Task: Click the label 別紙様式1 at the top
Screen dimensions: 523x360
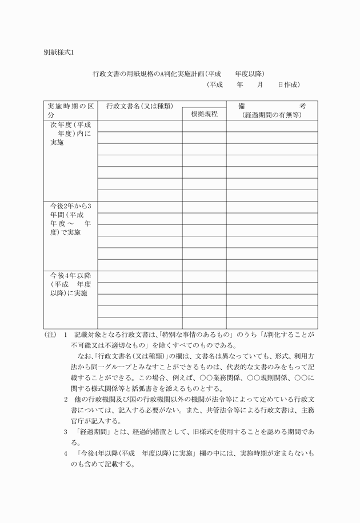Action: tap(59, 52)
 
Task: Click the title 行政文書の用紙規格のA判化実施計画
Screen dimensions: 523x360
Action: tap(147, 74)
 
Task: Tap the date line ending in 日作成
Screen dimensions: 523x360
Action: tap(253, 85)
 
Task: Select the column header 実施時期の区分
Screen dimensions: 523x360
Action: tap(70, 110)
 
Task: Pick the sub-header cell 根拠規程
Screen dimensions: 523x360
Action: tap(204, 114)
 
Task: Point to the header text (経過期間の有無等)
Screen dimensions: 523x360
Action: tap(272, 115)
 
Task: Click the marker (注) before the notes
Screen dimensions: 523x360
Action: tap(50, 335)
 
